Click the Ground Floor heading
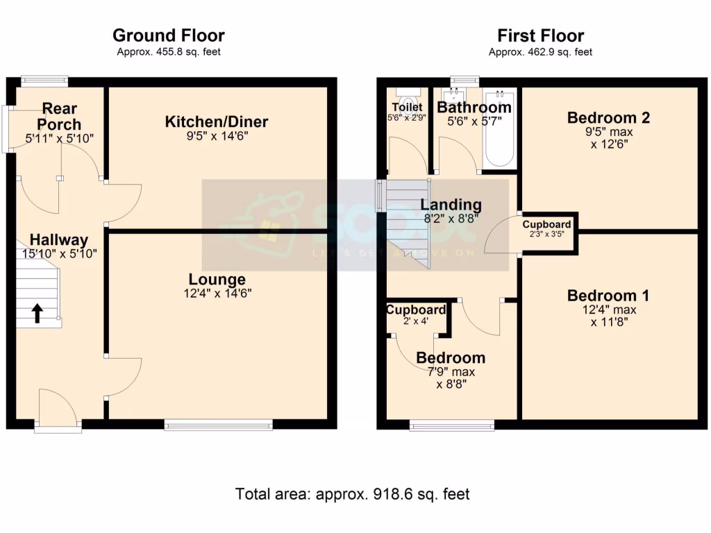(168, 35)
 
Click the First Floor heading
(540, 35)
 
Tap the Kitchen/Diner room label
(216, 123)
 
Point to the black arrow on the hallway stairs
(36, 314)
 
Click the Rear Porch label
(59, 117)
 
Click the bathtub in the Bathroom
(499, 129)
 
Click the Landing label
(451, 205)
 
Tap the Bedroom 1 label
(608, 296)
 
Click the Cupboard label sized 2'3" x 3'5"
(547, 225)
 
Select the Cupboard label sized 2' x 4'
(416, 310)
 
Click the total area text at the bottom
(353, 494)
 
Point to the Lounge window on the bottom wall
(218, 425)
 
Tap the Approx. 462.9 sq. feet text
(540, 52)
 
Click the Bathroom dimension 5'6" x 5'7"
(474, 122)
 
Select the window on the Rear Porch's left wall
(6, 128)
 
